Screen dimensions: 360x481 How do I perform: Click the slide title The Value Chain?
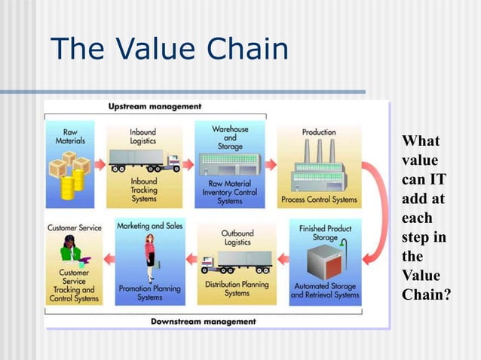(x=170, y=50)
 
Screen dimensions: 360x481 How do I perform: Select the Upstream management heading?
(x=155, y=106)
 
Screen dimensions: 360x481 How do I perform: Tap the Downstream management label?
(x=203, y=321)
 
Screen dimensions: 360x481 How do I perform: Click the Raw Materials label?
(x=70, y=136)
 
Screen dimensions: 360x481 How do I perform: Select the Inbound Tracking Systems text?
(x=144, y=190)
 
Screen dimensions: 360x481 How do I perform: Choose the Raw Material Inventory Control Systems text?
(x=230, y=192)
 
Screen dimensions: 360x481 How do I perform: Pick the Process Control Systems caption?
(x=319, y=200)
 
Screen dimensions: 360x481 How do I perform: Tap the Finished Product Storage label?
(x=324, y=233)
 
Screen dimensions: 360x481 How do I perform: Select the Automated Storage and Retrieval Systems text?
(x=325, y=290)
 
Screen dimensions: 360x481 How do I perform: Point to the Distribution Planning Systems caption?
(x=237, y=288)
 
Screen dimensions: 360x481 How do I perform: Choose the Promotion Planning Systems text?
(x=149, y=292)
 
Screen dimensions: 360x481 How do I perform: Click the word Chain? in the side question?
(x=427, y=293)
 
